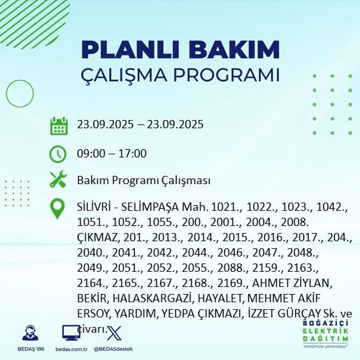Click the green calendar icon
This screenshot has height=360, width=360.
(x=58, y=126)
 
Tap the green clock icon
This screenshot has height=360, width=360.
(x=58, y=154)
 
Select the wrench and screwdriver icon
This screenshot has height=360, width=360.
(x=58, y=180)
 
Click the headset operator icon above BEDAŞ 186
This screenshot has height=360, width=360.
(x=28, y=333)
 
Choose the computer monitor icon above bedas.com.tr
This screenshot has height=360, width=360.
(x=70, y=333)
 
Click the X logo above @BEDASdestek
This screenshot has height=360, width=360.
(x=112, y=333)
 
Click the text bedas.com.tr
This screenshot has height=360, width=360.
(x=70, y=350)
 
